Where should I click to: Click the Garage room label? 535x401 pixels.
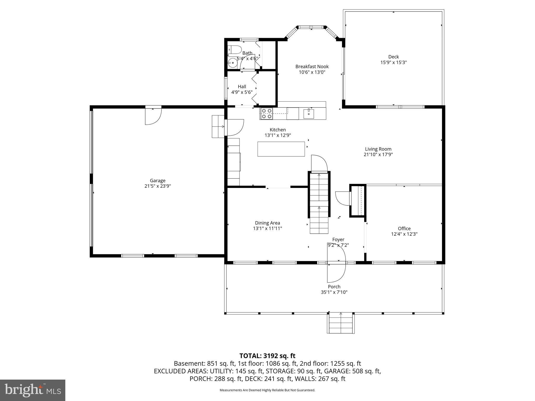pyautogui.click(x=158, y=180)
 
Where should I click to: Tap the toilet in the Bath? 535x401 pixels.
pyautogui.click(x=234, y=49)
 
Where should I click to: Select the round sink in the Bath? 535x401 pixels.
pyautogui.click(x=231, y=63)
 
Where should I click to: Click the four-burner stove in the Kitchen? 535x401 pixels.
pyautogui.click(x=266, y=114)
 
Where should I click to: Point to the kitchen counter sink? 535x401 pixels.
pyautogui.click(x=309, y=114)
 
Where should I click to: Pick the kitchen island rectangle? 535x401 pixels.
pyautogui.click(x=281, y=149)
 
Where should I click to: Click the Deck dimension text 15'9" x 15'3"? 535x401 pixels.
pyautogui.click(x=393, y=62)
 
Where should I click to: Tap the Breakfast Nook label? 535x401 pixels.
pyautogui.click(x=312, y=67)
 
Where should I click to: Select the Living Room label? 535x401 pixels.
pyautogui.click(x=378, y=149)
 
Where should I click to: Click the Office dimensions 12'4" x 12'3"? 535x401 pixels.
pyautogui.click(x=404, y=234)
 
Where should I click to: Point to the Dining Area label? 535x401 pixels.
pyautogui.click(x=267, y=223)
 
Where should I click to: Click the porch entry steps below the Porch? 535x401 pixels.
pyautogui.click(x=341, y=324)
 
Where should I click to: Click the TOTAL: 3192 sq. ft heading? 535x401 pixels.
pyautogui.click(x=267, y=356)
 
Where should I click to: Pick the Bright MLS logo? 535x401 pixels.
pyautogui.click(x=33, y=390)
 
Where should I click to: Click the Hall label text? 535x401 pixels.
pyautogui.click(x=242, y=87)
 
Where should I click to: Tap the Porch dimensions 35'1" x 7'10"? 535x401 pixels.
pyautogui.click(x=334, y=292)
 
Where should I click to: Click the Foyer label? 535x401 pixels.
pyautogui.click(x=338, y=239)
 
